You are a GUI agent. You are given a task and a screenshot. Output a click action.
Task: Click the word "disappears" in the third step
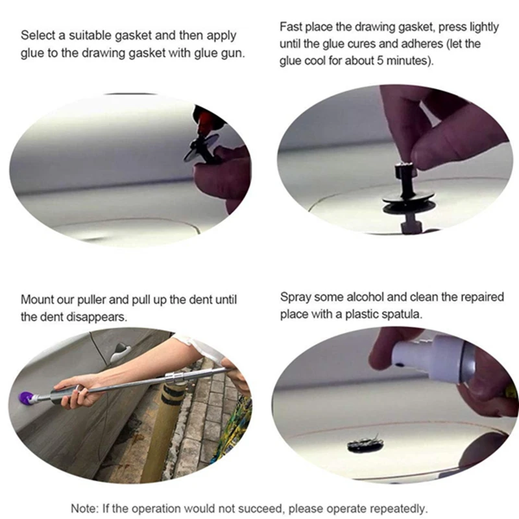coord(97,317)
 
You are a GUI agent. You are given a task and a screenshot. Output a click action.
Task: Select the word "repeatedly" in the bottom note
coord(398,509)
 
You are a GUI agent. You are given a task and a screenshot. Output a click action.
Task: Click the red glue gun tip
coord(204,117)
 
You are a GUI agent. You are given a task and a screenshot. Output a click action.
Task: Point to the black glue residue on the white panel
coord(365,443)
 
